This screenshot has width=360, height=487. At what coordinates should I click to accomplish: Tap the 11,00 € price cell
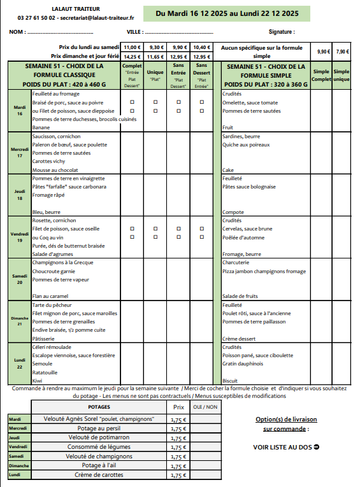coord(132,47)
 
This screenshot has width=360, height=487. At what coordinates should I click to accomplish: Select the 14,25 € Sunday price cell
coord(132,56)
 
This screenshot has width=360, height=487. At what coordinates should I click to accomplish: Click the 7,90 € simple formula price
coord(342,52)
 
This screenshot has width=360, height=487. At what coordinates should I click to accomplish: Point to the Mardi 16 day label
coord(19,110)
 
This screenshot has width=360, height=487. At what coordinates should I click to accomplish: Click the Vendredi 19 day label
coord(19,237)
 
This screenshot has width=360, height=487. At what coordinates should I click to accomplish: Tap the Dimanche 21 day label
coord(19,321)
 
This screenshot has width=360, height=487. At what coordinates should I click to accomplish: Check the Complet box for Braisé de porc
coord(132,102)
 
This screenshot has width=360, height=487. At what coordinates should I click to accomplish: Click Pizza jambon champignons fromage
coord(264,271)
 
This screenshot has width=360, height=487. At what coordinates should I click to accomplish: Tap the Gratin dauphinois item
coord(243,363)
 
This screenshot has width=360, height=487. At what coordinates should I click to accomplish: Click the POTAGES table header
coord(99,406)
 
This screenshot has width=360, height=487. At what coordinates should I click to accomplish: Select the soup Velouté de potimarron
coord(99,437)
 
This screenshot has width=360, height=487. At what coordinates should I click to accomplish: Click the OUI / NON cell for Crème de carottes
coord(205,475)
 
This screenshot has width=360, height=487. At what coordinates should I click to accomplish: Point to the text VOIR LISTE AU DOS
coord(286,447)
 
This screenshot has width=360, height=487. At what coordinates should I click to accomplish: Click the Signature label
coord(282,31)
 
